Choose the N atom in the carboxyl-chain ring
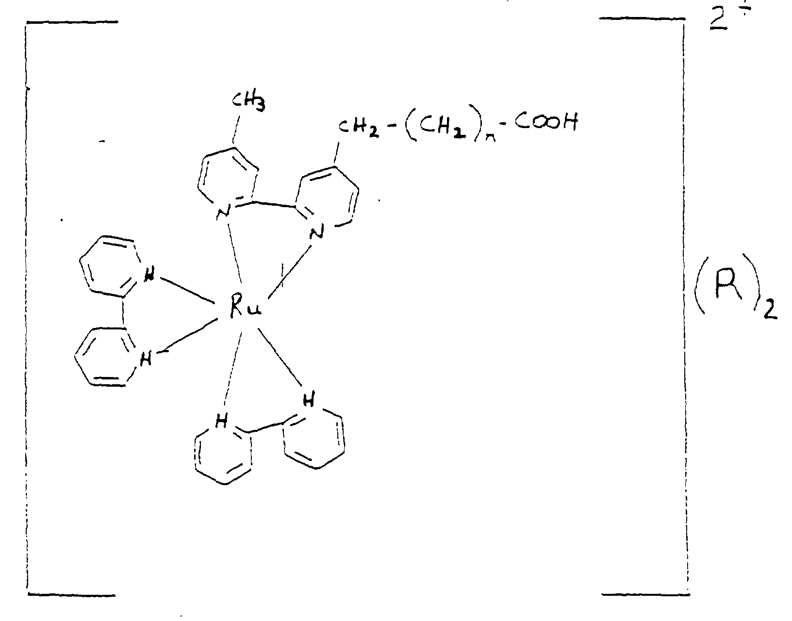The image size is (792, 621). [x=316, y=234]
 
